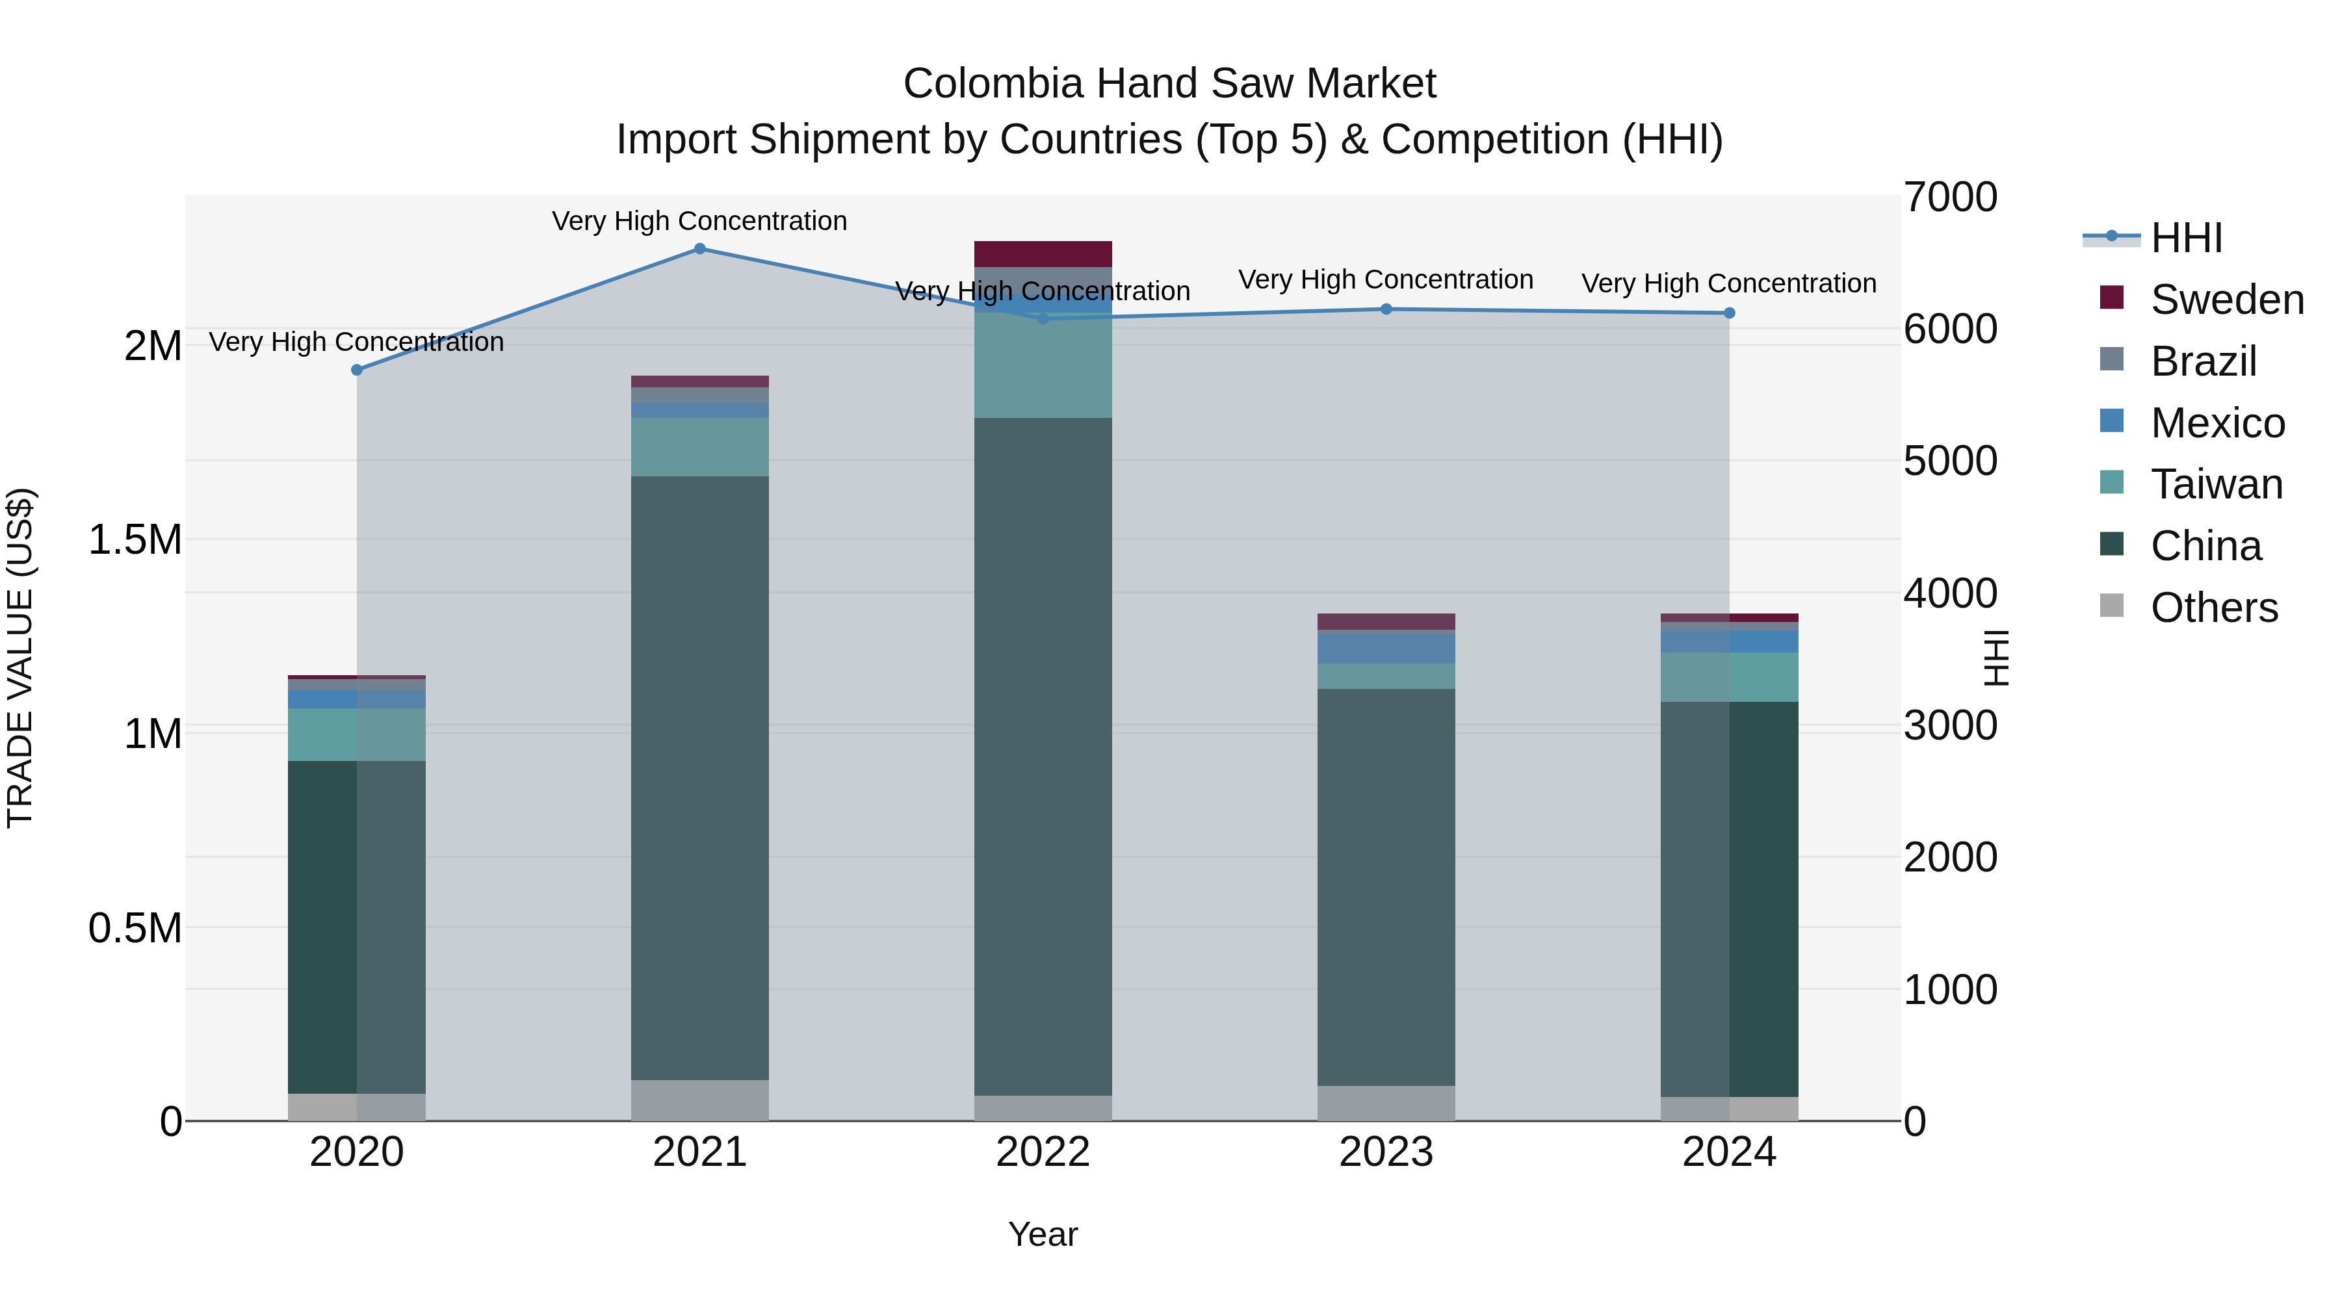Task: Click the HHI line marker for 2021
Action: pyautogui.click(x=699, y=249)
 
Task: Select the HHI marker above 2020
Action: pyautogui.click(x=357, y=370)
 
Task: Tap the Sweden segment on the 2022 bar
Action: pyautogui.click(x=1043, y=253)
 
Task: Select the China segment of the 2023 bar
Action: pyautogui.click(x=1386, y=886)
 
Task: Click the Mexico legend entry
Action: pyautogui.click(x=2217, y=423)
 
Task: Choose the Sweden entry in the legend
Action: pyautogui.click(x=2226, y=300)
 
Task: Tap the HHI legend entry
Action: pyautogui.click(x=2187, y=238)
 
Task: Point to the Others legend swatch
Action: pyautogui.click(x=2112, y=606)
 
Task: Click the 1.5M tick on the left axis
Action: pyautogui.click(x=135, y=539)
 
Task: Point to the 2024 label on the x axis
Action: pyautogui.click(x=1728, y=1152)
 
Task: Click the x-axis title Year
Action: pyautogui.click(x=1043, y=1234)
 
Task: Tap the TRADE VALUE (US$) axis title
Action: pyautogui.click(x=20, y=658)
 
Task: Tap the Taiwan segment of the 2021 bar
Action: pyautogui.click(x=699, y=447)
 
